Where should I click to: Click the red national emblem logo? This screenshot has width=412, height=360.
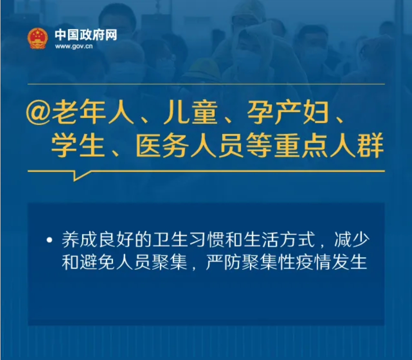pos(38,38)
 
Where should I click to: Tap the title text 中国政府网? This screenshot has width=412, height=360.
pos(86,35)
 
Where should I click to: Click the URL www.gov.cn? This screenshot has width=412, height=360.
pos(74,46)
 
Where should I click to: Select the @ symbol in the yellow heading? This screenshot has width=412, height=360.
pos(38,114)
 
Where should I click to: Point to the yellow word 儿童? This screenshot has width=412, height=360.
pos(190,113)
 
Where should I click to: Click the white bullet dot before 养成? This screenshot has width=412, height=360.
pos(49,240)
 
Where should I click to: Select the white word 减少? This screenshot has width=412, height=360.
pos(352,240)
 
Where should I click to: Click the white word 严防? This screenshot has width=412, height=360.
pos(223,261)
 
